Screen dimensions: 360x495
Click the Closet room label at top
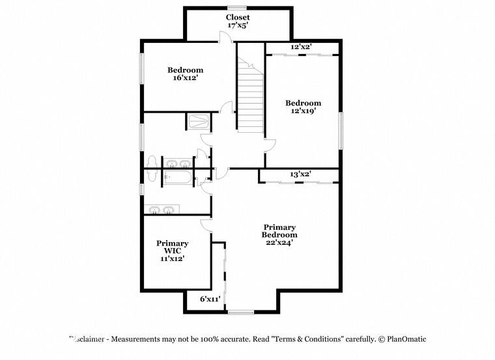tap(238, 17)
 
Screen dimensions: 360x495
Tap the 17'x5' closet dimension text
tap(238, 25)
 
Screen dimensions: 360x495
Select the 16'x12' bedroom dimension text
tap(186, 78)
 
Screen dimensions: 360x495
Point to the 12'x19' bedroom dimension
tap(303, 111)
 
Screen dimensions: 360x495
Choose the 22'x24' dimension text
tap(279, 242)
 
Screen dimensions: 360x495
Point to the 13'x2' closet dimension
tap(300, 174)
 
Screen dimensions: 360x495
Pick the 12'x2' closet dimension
tap(301, 47)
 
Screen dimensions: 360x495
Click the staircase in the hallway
tap(250, 98)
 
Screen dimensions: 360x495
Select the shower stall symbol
tap(198, 122)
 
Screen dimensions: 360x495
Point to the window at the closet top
tap(237, 7)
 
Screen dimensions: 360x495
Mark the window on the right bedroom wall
tap(340, 130)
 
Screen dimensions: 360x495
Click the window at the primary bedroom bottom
tap(240, 312)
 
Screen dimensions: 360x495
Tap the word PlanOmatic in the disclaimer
tap(407, 339)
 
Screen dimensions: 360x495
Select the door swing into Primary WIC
tap(206, 225)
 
